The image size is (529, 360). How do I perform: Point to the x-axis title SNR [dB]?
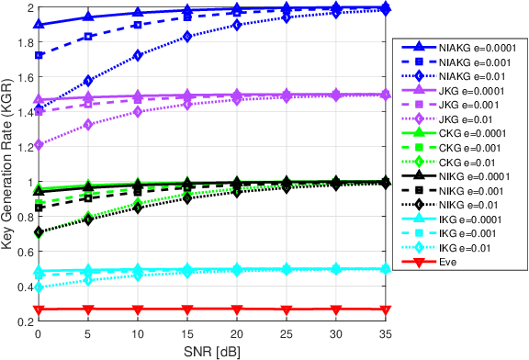point(209,351)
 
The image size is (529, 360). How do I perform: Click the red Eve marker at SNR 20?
point(237,309)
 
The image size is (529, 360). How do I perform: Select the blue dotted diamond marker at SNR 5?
point(88,81)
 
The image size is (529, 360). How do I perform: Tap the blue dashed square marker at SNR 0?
point(39,55)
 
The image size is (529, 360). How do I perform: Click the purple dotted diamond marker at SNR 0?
point(39,145)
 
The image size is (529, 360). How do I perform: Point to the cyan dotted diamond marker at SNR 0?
point(39,287)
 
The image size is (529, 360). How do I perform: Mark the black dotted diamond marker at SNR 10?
point(138,208)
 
